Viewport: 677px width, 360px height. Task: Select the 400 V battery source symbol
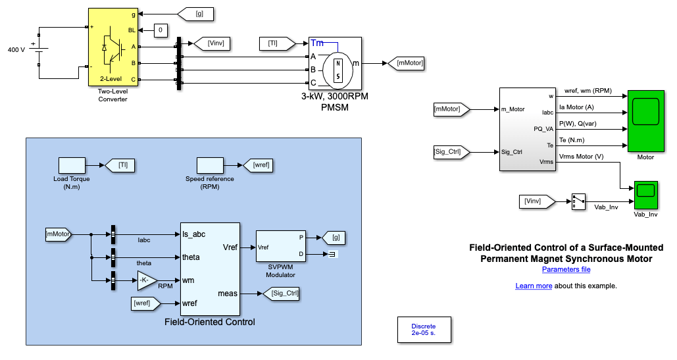pyautogui.click(x=39, y=50)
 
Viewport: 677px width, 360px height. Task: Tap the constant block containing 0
pyautogui.click(x=162, y=30)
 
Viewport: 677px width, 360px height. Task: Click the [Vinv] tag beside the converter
pyautogui.click(x=215, y=43)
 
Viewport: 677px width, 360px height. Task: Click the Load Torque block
pyautogui.click(x=72, y=165)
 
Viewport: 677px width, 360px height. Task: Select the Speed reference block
pyautogui.click(x=210, y=165)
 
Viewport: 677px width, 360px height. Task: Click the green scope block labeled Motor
pyautogui.click(x=645, y=122)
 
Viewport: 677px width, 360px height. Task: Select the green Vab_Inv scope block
pyautogui.click(x=645, y=195)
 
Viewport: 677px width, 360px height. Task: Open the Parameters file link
pyautogui.click(x=566, y=269)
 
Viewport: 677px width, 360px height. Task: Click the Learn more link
pyautogui.click(x=534, y=286)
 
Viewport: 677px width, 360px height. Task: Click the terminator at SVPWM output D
pyautogui.click(x=332, y=255)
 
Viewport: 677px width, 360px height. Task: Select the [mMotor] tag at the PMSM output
pyautogui.click(x=406, y=63)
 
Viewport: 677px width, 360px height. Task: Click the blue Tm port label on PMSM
pyautogui.click(x=317, y=43)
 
